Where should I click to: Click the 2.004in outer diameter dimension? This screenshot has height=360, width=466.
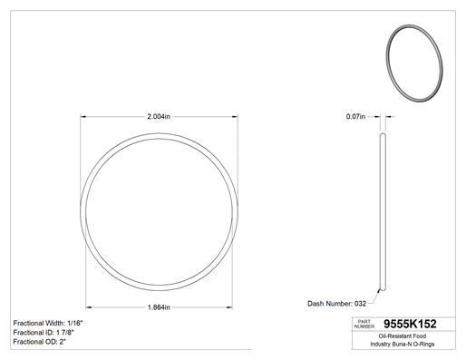[159, 116]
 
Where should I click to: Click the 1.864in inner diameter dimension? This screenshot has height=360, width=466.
[159, 307]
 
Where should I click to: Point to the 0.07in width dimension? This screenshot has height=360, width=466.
[355, 116]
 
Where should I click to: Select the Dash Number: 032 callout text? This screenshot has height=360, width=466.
[336, 304]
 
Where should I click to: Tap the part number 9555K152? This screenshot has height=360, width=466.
[410, 324]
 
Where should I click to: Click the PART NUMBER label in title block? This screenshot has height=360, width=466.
[364, 324]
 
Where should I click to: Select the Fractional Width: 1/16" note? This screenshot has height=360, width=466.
[48, 323]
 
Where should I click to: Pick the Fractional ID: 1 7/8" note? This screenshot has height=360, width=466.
[44, 333]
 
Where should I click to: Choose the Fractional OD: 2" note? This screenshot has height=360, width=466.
[40, 342]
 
